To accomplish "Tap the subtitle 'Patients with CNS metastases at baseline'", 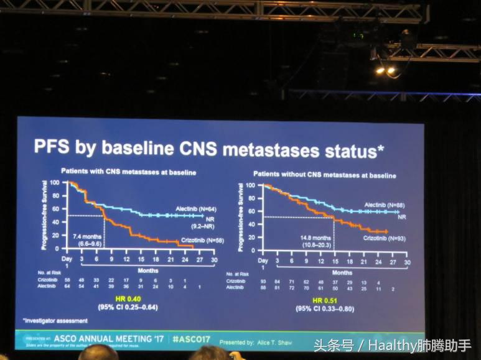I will [128, 172].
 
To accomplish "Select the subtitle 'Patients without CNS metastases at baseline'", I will [324, 175].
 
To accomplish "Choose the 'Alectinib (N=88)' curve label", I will [384, 205].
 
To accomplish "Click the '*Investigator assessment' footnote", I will [55, 321].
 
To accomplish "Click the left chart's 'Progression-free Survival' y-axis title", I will [45, 215].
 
